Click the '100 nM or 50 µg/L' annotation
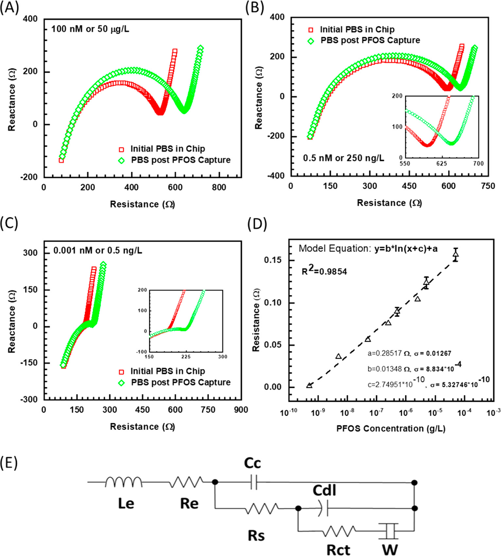pyautogui.click(x=90, y=29)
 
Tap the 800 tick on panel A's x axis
pyautogui.click(x=219, y=187)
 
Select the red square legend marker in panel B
pyautogui.click(x=311, y=30)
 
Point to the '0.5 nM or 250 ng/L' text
pyautogui.click(x=343, y=158)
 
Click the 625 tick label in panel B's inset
pyautogui.click(x=441, y=164)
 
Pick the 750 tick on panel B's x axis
pyautogui.click(x=488, y=186)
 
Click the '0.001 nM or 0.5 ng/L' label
pyautogui.click(x=98, y=251)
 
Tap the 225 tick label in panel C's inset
pyautogui.click(x=186, y=356)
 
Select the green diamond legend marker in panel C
pyautogui.click(x=121, y=383)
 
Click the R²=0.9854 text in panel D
pyautogui.click(x=324, y=271)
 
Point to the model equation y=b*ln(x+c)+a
pyautogui.click(x=406, y=249)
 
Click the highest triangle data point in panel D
pyautogui.click(x=456, y=254)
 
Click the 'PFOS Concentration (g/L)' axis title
pyautogui.click(x=391, y=428)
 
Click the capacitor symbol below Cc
pyautogui.click(x=254, y=482)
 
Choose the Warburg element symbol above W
pyautogui.click(x=389, y=530)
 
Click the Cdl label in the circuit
pyautogui.click(x=324, y=491)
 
